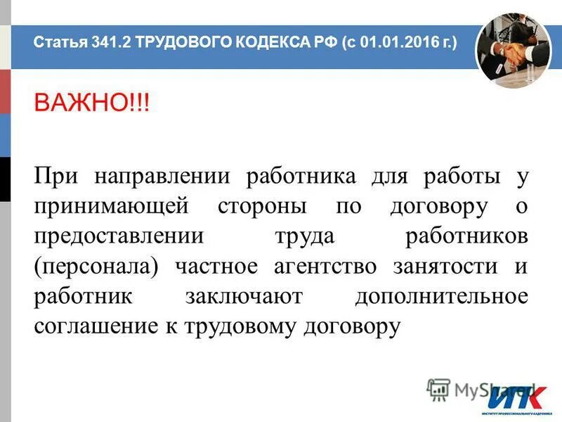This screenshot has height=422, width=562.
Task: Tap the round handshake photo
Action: pyautogui.click(x=512, y=50)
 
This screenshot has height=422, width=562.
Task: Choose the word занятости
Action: pyautogui.click(x=442, y=267)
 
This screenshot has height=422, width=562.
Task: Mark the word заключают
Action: pyautogui.click(x=243, y=298)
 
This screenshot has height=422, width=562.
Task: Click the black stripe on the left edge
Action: pyautogui.click(x=5, y=179)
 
